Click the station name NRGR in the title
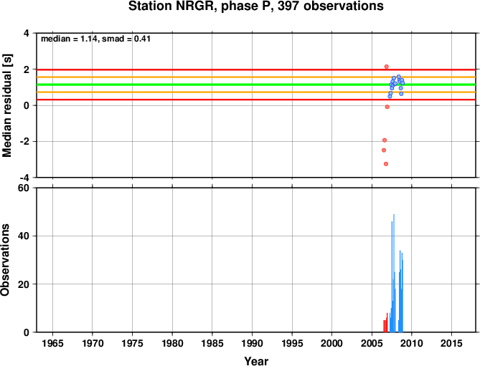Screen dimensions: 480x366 point(194,6)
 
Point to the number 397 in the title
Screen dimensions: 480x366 point(289,6)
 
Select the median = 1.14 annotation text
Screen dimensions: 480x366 point(69,39)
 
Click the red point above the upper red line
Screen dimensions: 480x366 point(386,67)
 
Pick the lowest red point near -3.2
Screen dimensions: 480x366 point(386,164)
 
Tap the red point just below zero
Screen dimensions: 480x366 point(387,107)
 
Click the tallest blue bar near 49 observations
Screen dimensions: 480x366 point(394,273)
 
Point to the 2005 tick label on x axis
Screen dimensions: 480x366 point(372,343)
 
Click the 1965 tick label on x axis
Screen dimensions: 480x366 point(52,343)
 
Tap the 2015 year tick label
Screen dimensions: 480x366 point(451,343)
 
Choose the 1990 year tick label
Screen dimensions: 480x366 point(252,343)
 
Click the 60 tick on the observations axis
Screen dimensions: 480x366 point(24,188)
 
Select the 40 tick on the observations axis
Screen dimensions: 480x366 point(24,236)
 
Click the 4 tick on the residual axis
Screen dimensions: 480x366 point(27,33)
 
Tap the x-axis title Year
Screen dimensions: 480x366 point(256,361)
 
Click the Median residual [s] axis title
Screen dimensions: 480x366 point(6,105)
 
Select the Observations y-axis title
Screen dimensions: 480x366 point(5,260)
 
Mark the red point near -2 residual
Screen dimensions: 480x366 point(385,140)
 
